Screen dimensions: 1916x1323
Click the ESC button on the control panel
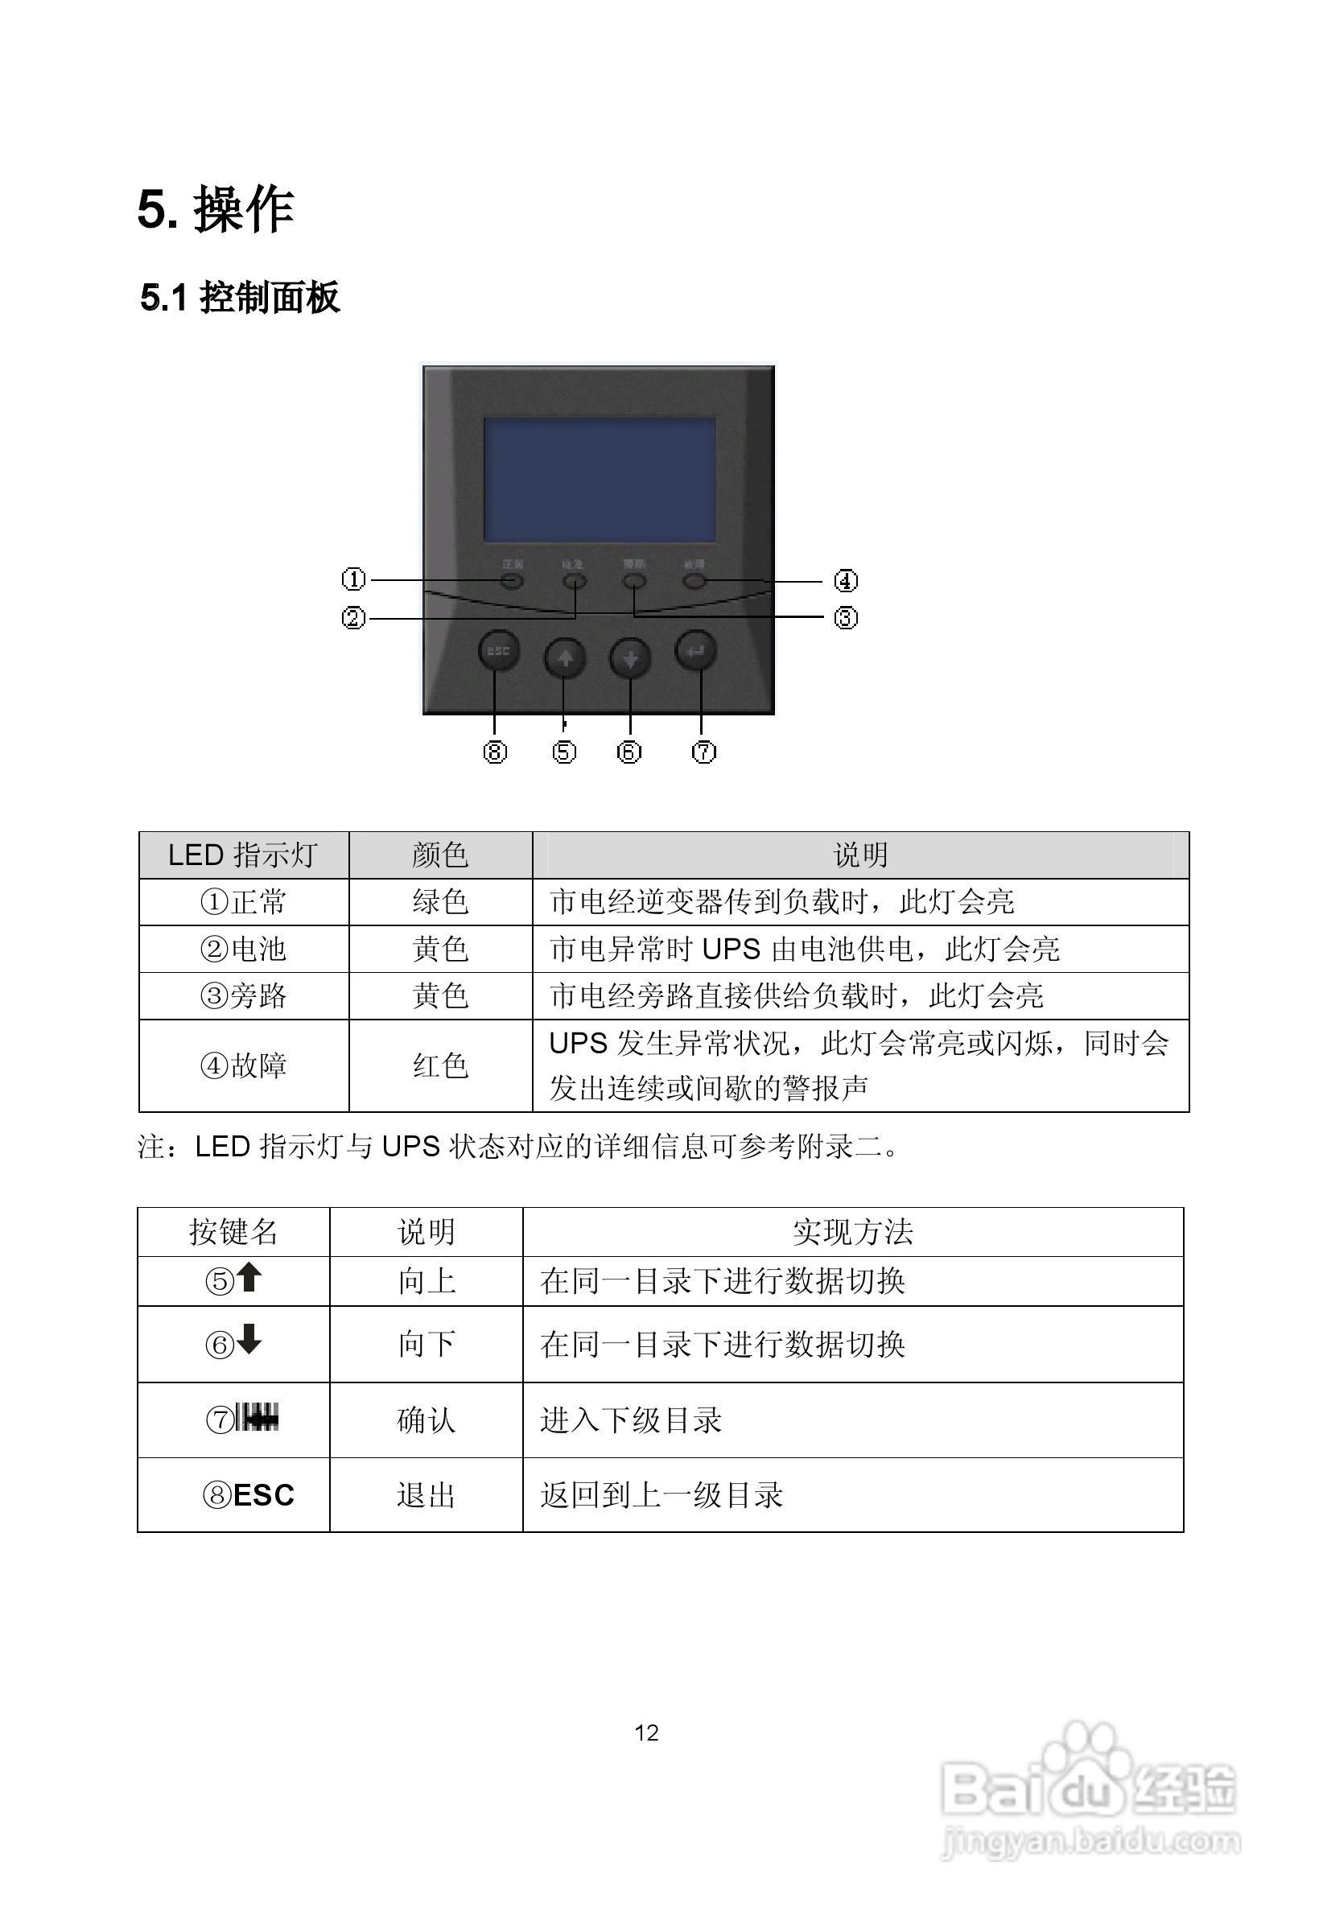[x=498, y=651]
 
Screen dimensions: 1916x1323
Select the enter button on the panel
[x=696, y=651]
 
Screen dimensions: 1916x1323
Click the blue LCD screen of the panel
[x=600, y=480]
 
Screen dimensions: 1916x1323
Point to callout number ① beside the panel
[x=354, y=579]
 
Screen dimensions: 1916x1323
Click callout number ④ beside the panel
[x=845, y=581]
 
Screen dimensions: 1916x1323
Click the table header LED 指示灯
[x=243, y=855]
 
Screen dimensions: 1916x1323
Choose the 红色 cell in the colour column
[x=440, y=1065]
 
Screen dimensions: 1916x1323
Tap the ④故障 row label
[x=243, y=1065]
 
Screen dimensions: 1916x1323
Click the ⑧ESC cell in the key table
[x=249, y=1495]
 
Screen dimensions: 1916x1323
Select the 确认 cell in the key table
[x=426, y=1420]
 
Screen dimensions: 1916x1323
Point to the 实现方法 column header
[x=852, y=1232]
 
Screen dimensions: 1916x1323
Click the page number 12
[x=646, y=1726]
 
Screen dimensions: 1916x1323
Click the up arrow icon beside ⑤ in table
[x=249, y=1279]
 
